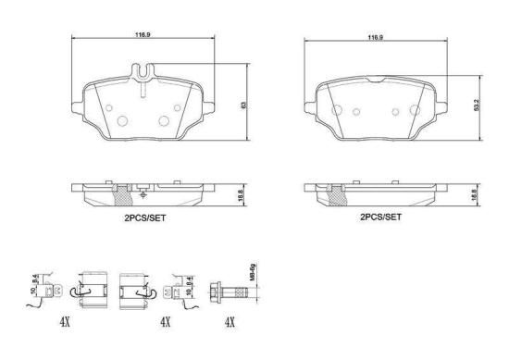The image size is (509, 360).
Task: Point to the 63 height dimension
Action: (x=242, y=106)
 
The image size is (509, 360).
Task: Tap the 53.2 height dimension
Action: (x=476, y=106)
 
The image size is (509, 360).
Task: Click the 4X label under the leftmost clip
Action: (x=66, y=323)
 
